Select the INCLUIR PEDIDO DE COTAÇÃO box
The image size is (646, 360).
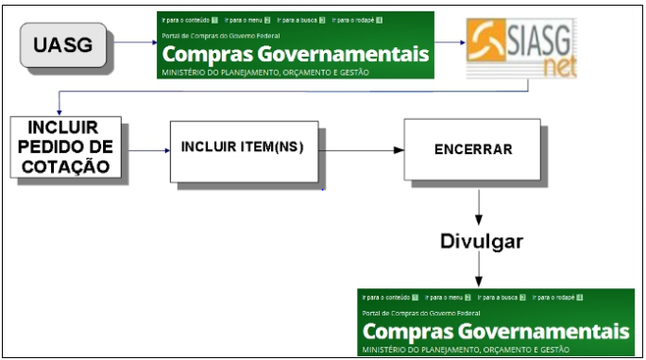coord(63,147)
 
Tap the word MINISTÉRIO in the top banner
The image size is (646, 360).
coord(185,72)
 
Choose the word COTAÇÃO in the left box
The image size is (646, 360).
coord(63,167)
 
